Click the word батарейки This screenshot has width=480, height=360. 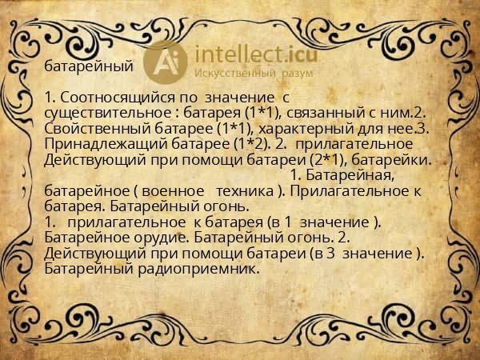click(402, 160)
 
